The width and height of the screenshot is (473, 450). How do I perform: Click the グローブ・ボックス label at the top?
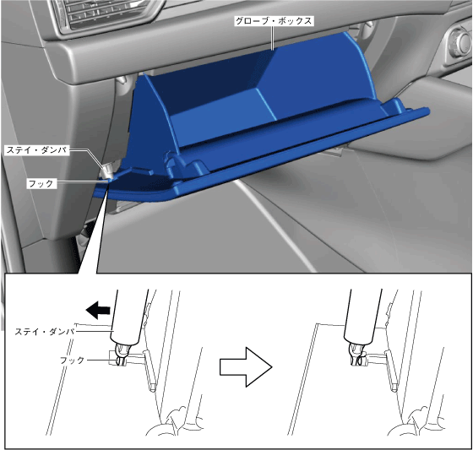(274, 21)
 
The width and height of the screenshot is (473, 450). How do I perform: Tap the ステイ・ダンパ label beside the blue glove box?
(37, 150)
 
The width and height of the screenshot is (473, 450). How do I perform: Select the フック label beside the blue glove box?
(41, 183)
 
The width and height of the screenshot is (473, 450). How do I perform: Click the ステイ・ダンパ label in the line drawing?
(45, 332)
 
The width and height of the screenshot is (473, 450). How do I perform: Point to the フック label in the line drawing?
(72, 361)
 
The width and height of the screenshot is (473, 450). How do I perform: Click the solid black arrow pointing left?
(98, 310)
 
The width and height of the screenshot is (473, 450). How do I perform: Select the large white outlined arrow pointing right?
(246, 366)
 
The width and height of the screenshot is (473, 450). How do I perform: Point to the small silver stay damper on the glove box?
(108, 171)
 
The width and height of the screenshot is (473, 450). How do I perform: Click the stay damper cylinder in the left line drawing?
(128, 316)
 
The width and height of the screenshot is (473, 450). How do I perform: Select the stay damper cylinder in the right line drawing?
(362, 316)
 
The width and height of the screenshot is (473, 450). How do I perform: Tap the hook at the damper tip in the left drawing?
(120, 356)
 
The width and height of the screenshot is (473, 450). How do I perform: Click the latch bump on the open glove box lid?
(184, 165)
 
